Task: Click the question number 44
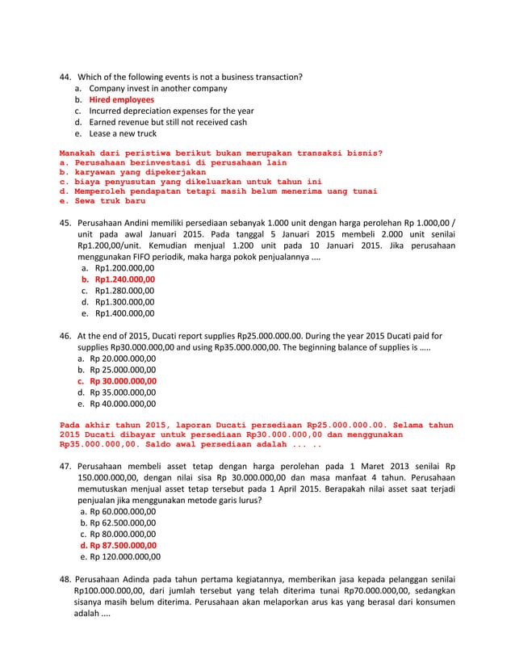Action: pos(66,78)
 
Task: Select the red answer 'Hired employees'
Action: pos(121,100)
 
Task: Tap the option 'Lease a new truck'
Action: pos(123,134)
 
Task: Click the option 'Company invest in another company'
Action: pos(157,89)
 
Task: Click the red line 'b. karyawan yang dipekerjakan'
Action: pos(133,172)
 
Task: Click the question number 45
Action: pos(66,222)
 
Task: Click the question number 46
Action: pos(66,334)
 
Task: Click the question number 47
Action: pos(66,467)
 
